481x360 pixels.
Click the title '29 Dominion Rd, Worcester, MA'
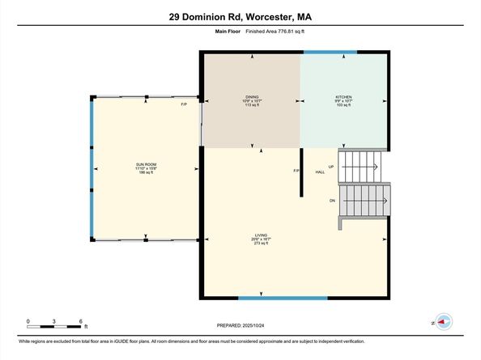pyautogui.click(x=240, y=16)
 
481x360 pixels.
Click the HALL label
pyautogui.click(x=320, y=172)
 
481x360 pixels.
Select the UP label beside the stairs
pyautogui.click(x=331, y=167)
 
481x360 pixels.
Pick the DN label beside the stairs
pyautogui.click(x=331, y=200)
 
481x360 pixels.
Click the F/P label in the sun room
pyautogui.click(x=183, y=105)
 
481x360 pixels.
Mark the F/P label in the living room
pyautogui.click(x=296, y=171)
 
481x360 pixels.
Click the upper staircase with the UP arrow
pyautogui.click(x=363, y=166)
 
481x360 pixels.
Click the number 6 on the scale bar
pyautogui.click(x=82, y=321)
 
